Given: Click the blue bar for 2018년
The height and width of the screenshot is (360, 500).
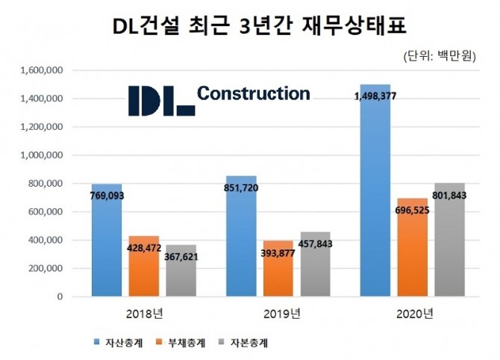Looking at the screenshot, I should (x=107, y=240).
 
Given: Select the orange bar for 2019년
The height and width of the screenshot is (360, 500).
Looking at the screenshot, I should (x=278, y=269).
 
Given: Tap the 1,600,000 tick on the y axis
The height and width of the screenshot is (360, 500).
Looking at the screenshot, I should (x=43, y=70).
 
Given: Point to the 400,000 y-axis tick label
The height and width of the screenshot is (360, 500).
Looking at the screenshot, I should (x=46, y=240).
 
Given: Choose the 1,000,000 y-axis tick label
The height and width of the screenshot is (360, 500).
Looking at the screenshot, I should (x=43, y=155).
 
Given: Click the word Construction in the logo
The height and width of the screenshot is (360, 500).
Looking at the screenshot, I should (x=253, y=93).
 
